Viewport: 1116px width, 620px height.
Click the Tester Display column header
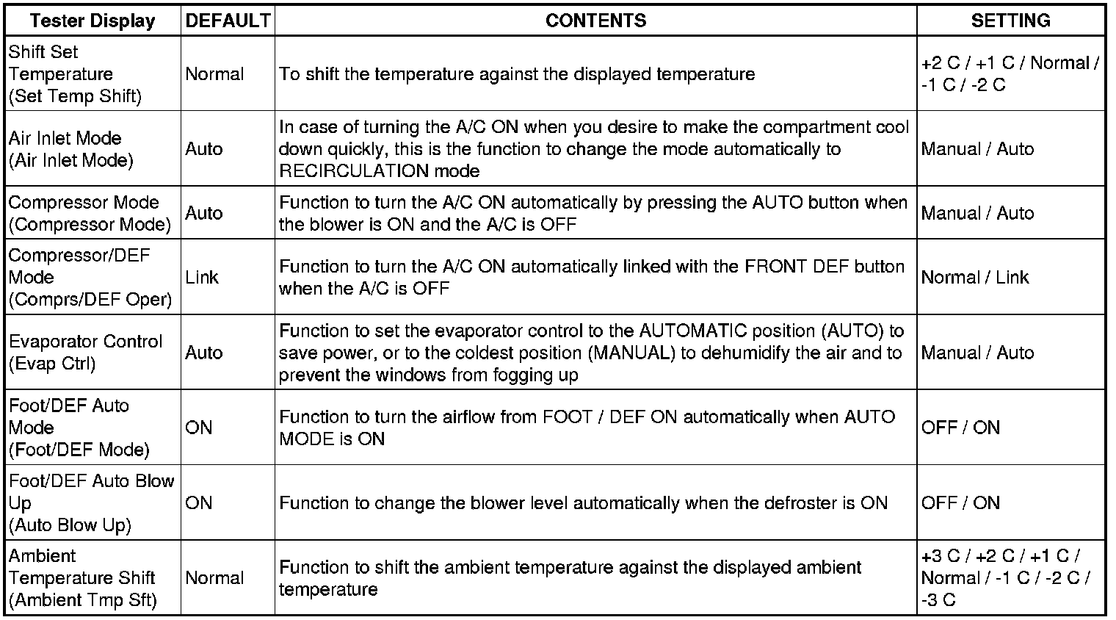click(x=93, y=21)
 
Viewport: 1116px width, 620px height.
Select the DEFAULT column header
click(x=228, y=21)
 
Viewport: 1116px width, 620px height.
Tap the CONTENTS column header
click(x=595, y=21)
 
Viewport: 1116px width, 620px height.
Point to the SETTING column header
click(x=1010, y=21)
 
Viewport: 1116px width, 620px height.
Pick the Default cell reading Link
click(x=202, y=278)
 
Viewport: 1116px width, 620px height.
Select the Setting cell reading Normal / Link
click(x=975, y=278)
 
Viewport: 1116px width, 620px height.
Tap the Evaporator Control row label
click(x=85, y=353)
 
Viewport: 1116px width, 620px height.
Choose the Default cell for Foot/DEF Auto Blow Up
click(x=199, y=503)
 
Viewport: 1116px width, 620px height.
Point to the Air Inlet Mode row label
click(x=71, y=149)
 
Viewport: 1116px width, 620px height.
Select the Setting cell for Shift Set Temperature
click(x=1010, y=74)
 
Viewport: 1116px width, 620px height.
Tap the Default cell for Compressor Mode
click(x=204, y=213)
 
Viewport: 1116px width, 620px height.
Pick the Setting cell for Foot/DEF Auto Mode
click(x=960, y=428)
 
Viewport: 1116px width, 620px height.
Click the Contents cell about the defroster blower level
click(x=584, y=503)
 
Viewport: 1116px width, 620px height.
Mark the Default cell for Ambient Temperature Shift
click(x=214, y=578)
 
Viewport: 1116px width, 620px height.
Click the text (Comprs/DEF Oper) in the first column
click(x=90, y=300)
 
